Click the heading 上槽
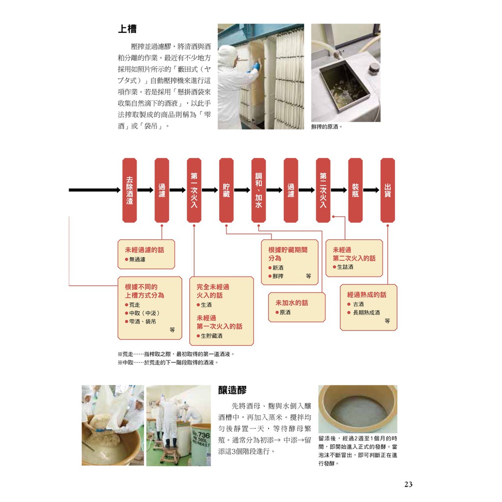tap(127, 29)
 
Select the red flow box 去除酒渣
tap(129, 190)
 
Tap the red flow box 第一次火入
tap(194, 190)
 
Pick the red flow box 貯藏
tap(226, 190)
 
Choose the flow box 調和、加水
tap(259, 190)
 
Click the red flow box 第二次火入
tap(323, 190)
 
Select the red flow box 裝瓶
tap(355, 190)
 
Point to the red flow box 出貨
tap(388, 190)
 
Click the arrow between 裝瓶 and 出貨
tap(372, 190)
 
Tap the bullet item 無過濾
tap(135, 259)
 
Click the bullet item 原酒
tap(283, 312)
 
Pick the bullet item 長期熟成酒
tap(364, 312)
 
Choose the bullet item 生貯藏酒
tap(209, 336)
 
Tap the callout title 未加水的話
tap(292, 303)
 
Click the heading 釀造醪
tap(232, 390)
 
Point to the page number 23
tap(408, 484)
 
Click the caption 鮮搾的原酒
tap(326, 127)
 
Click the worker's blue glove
tap(256, 66)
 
